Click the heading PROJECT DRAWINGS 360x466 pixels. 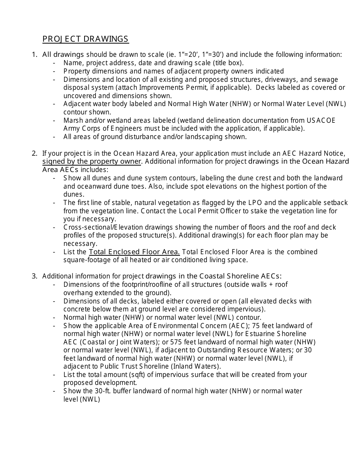click(85, 39)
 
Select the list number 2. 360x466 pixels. click(34, 153)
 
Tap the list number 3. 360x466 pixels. click(34, 276)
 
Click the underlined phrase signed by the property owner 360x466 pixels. click(92, 162)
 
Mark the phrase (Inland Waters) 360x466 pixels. click(194, 366)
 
